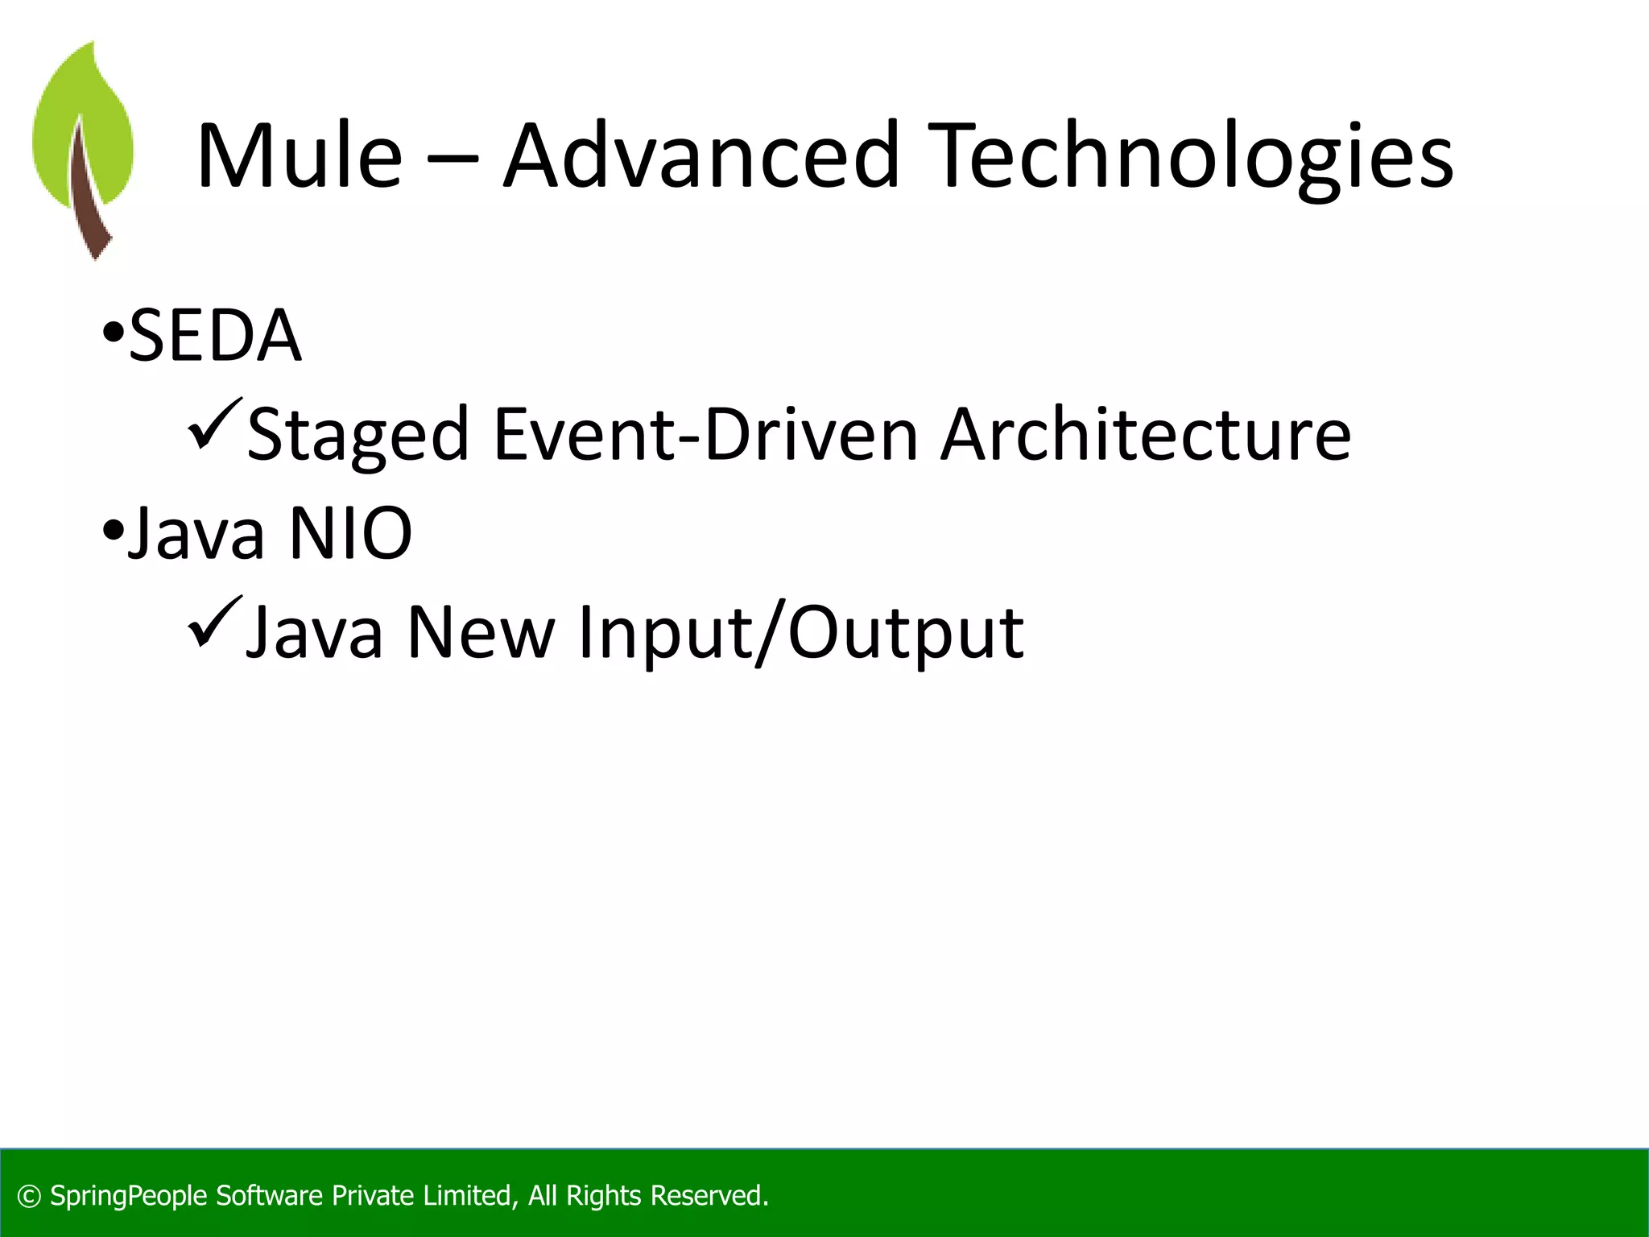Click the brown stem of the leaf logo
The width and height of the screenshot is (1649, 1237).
[x=89, y=201]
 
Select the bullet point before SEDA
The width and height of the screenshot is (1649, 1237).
[x=113, y=332]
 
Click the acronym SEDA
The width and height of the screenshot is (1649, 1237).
[x=215, y=336]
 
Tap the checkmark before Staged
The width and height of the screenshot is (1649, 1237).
[x=214, y=424]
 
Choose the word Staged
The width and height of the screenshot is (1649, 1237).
[x=357, y=436]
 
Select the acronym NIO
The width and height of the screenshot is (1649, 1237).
[x=350, y=533]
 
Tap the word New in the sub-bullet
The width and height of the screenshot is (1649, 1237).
[x=481, y=633]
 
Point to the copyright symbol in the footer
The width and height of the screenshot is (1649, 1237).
[x=29, y=1197]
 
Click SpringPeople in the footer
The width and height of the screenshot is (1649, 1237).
[x=129, y=1197]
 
